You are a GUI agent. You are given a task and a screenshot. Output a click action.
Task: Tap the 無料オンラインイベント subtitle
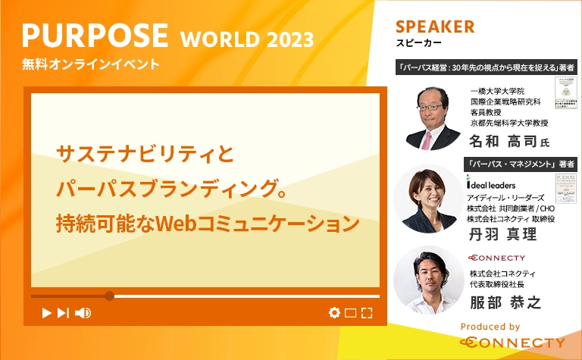91,64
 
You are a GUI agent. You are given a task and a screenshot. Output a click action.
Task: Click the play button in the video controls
46,312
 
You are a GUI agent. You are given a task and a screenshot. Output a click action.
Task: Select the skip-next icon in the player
64,312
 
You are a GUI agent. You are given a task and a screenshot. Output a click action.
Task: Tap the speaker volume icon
83,312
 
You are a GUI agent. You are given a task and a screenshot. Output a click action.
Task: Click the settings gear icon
334,312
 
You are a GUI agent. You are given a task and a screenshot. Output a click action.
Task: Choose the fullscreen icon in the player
367,312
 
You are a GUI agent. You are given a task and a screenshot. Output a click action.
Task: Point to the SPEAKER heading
435,27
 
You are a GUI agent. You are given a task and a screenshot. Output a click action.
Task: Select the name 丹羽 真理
503,234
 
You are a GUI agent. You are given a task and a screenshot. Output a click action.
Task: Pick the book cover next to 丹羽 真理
565,192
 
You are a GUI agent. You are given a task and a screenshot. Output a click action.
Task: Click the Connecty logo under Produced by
512,343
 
